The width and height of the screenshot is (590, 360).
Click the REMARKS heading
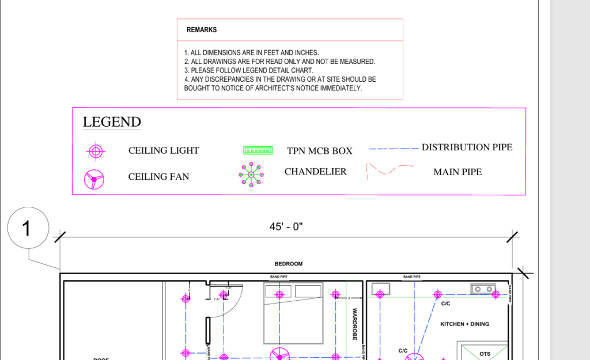(202, 29)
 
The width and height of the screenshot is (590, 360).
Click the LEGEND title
(112, 122)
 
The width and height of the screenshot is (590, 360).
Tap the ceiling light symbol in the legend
(96, 151)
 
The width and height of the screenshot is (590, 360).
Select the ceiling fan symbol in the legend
(93, 180)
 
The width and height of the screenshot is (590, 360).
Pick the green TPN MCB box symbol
(258, 151)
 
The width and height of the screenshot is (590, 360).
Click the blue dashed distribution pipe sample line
(394, 149)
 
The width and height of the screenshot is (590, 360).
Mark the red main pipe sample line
(390, 170)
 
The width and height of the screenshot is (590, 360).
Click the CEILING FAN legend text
(158, 177)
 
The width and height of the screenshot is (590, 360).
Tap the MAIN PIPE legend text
(457, 172)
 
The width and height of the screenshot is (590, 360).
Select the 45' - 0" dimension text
(286, 227)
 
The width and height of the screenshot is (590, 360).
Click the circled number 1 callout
(27, 229)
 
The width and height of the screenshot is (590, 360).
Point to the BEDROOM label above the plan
(288, 264)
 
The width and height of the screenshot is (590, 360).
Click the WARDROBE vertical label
(355, 324)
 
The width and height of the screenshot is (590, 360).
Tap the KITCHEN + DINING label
(464, 324)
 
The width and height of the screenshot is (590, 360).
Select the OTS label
(485, 354)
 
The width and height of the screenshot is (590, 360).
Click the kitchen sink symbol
(483, 289)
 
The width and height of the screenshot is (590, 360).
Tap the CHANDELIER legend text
(316, 172)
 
